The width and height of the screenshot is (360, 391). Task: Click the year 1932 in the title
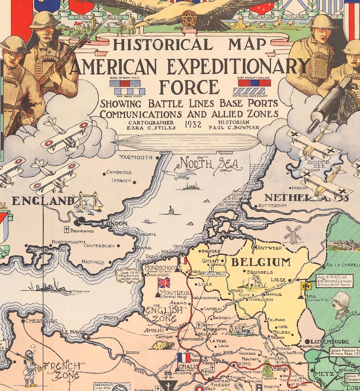[193, 124]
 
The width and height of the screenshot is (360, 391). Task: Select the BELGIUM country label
[261, 262]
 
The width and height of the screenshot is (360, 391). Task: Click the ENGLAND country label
[43, 201]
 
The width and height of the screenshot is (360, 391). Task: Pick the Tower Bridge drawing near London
[90, 201]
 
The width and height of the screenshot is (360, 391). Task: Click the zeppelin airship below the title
[186, 143]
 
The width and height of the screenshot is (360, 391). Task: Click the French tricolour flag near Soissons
[184, 358]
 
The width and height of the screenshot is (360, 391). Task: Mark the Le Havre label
[71, 332]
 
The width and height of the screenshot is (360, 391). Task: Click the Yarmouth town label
[136, 157]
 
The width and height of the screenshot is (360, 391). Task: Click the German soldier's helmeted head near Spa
[341, 301]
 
